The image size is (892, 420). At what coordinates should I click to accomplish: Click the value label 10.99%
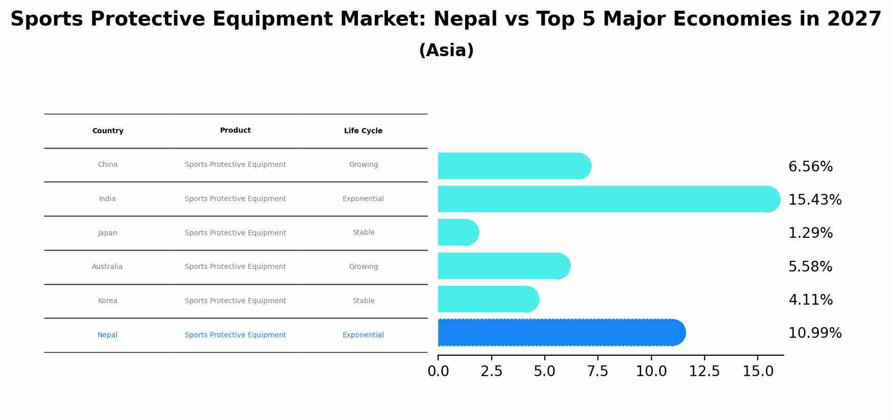tap(814, 333)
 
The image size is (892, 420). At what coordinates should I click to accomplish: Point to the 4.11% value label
tap(810, 300)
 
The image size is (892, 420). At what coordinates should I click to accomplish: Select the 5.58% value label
tap(810, 267)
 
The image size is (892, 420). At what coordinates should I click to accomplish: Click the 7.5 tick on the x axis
tap(597, 372)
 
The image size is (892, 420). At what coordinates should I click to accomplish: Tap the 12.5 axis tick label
tap(704, 372)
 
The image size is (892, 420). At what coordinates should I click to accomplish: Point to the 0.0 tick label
tap(438, 372)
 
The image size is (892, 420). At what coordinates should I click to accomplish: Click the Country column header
tap(108, 131)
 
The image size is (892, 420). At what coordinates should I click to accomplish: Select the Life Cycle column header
tap(363, 131)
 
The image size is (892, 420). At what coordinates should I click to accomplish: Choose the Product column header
tap(235, 131)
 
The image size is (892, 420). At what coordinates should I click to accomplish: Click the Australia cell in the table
tap(107, 267)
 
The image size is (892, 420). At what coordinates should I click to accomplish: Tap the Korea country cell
tap(108, 301)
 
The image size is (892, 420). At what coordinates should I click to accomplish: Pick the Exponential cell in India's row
tap(363, 199)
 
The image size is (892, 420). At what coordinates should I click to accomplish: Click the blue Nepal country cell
tap(107, 335)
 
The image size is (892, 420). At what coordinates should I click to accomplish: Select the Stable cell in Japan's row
tap(364, 233)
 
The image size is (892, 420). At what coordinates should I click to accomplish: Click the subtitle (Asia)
tap(446, 51)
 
